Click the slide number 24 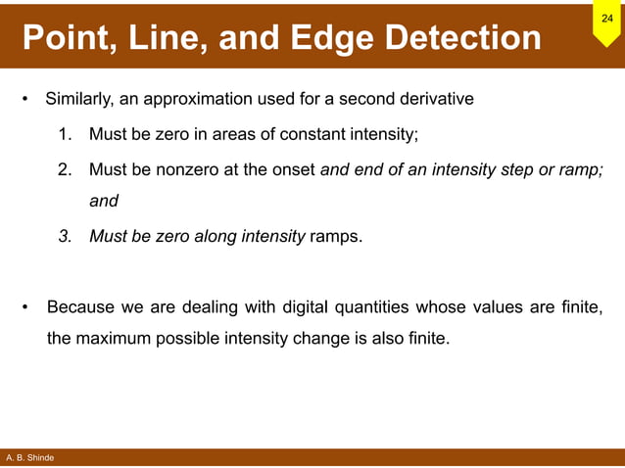pos(606,19)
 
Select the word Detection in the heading pos(463,38)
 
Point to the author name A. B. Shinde pos(28,458)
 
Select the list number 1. pos(66,134)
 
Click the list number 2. pos(66,169)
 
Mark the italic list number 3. pos(66,236)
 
